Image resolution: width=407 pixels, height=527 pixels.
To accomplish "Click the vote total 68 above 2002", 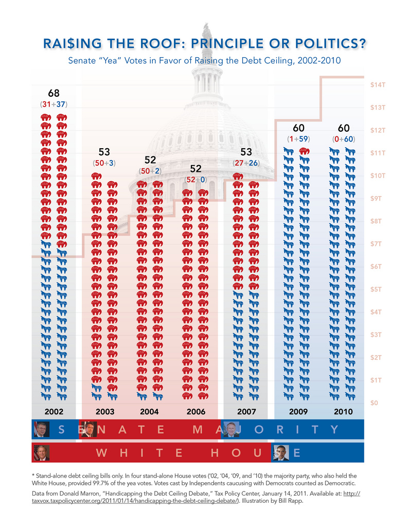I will (x=54, y=93).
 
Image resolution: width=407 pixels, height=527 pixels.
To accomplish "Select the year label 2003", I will (x=104, y=412).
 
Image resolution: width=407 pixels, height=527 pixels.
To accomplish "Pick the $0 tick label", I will (x=375, y=402).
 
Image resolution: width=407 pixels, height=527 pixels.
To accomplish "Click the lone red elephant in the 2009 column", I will (x=304, y=151).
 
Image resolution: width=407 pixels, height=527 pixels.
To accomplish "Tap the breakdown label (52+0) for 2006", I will (x=196, y=179).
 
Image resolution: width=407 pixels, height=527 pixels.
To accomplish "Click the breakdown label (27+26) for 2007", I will (x=246, y=163).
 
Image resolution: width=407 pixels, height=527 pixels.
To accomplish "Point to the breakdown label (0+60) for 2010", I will (x=343, y=139).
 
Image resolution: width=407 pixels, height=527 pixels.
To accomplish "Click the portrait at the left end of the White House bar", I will (x=41, y=452).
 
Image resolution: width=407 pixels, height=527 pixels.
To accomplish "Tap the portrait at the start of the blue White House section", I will (x=281, y=452).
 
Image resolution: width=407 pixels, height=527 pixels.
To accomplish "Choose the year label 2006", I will (x=196, y=412).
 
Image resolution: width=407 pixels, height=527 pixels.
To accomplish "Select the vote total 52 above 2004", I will (x=150, y=160).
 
